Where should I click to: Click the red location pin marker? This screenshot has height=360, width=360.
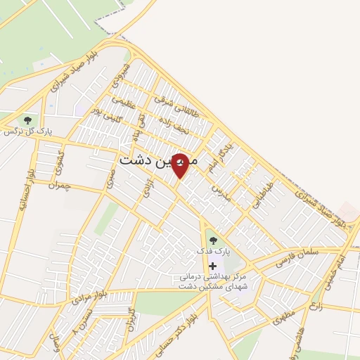coord(180,165)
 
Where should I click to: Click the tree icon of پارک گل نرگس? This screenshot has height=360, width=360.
coord(28,120)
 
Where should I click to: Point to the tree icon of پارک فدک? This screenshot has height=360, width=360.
coord(213,240)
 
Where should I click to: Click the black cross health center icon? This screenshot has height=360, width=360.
coord(212,266)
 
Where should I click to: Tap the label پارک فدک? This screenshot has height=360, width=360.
coord(213,251)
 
